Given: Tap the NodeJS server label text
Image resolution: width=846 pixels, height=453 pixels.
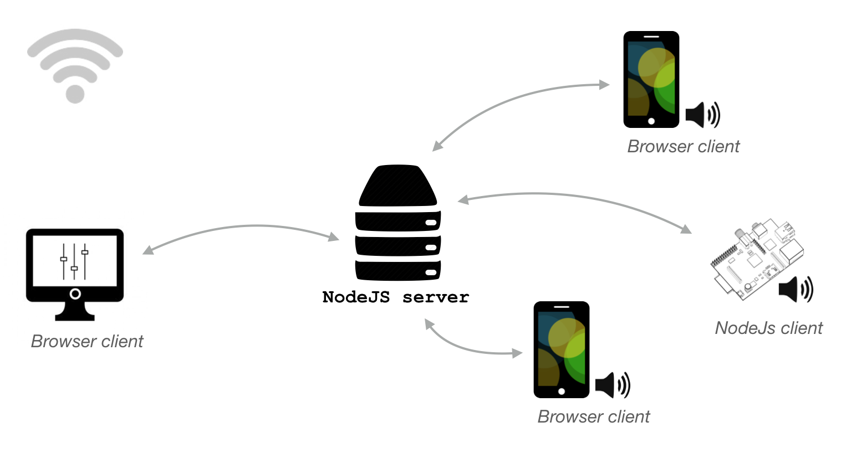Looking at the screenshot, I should (x=395, y=297).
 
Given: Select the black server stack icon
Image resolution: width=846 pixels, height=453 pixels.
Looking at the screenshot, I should (x=398, y=223).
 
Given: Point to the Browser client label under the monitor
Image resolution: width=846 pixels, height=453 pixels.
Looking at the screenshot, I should (x=87, y=341).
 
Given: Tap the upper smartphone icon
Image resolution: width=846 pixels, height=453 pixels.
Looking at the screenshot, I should (x=651, y=79).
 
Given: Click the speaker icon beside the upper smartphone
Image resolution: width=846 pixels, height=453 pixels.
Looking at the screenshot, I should (x=702, y=115).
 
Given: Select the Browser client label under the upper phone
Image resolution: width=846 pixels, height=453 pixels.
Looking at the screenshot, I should (x=683, y=146).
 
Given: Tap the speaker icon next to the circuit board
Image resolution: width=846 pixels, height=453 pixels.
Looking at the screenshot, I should (x=796, y=289).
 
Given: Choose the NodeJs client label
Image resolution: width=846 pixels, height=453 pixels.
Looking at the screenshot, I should (x=768, y=328).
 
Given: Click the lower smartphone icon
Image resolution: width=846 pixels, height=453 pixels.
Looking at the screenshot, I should (x=561, y=349).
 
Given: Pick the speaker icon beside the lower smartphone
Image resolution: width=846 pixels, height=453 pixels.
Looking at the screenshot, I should (x=613, y=385).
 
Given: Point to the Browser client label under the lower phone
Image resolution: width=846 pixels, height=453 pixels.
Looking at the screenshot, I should (x=593, y=416).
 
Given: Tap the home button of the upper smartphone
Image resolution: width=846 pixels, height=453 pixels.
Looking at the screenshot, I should (x=651, y=121).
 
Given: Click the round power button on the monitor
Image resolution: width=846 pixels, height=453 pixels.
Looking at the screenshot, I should (x=75, y=294).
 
